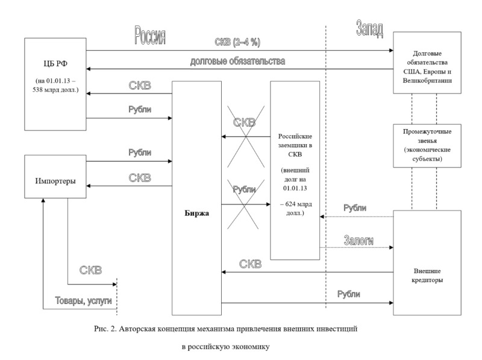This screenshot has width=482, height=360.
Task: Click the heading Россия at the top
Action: click(x=149, y=36)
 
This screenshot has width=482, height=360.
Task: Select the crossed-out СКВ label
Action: click(x=244, y=122)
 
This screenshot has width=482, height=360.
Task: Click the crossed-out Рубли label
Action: click(x=245, y=189)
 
